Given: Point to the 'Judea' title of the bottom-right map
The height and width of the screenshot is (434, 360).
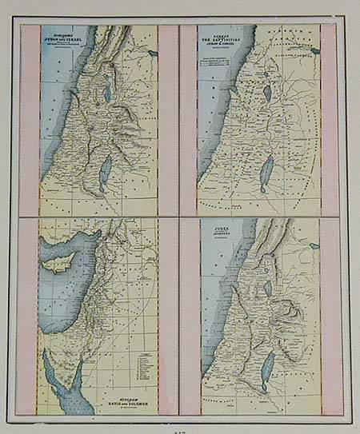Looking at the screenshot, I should pos(222,233).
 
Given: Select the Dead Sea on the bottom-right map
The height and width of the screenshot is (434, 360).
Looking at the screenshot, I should pos(268,370).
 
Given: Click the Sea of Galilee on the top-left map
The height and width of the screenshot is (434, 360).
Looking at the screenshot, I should pos(106,94).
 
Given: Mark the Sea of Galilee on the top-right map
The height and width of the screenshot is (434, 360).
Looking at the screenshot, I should pos(266,94).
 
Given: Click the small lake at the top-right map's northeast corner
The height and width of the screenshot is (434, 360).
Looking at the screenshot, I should pos(314,52).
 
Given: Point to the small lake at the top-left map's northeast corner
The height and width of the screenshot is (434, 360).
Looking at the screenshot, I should pos(152,53).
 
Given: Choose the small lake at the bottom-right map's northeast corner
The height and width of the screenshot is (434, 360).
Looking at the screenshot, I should pos(314,246).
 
